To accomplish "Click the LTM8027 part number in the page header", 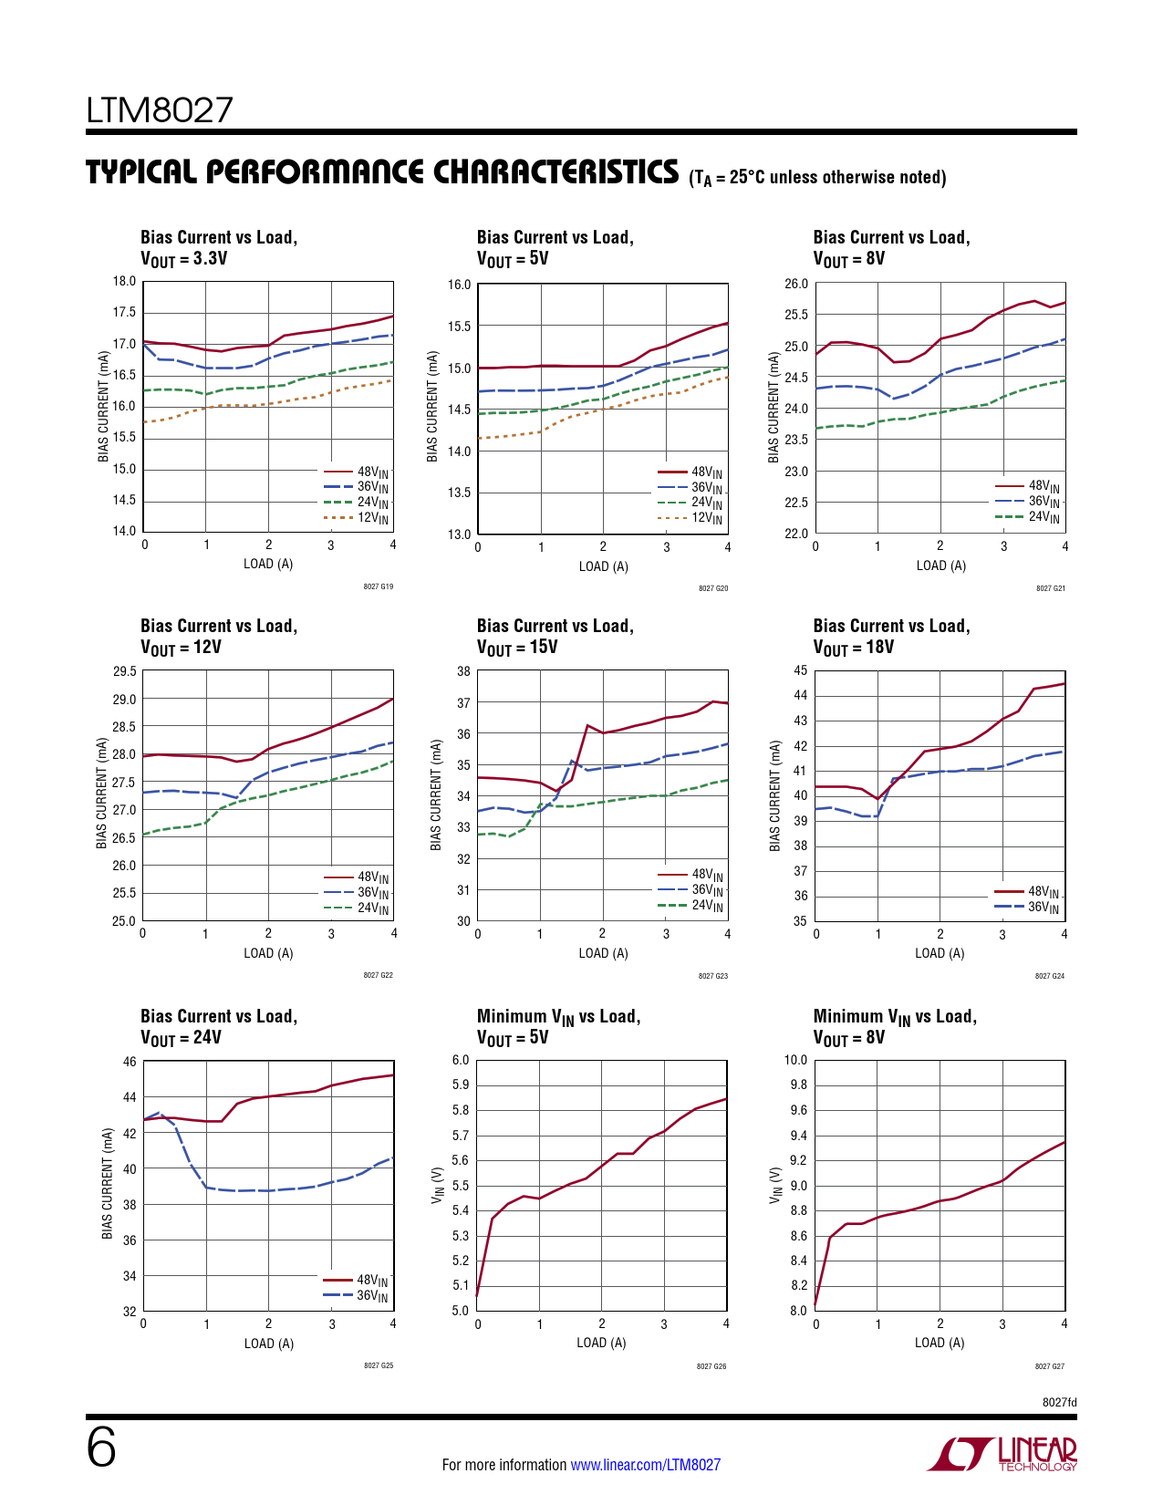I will (160, 110).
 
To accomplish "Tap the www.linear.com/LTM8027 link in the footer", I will (645, 1465).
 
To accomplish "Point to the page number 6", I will (101, 1448).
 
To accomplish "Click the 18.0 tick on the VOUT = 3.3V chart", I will (124, 281).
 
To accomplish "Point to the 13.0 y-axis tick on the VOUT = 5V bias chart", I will (459, 535).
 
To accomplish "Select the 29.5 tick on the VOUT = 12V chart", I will (124, 671).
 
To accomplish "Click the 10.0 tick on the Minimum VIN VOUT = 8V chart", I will (795, 1060).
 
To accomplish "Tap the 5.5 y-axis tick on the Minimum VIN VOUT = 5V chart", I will (461, 1186).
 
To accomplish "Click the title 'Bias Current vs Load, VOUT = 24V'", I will (219, 1026).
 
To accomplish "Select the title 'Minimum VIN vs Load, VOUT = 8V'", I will (894, 1026).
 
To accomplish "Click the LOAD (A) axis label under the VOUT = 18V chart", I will (940, 953).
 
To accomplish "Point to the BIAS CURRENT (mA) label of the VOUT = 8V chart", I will (774, 407).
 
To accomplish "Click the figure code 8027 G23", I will (712, 976).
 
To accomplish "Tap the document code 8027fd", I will (1059, 1402).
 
